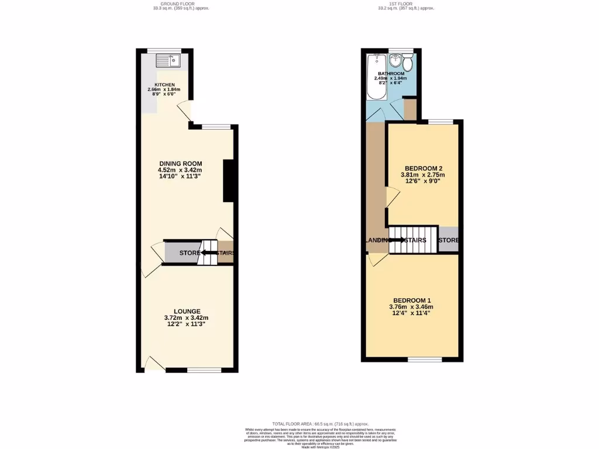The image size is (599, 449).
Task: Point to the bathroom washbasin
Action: (x=395, y=60)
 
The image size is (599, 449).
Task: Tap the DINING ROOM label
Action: (x=181, y=163)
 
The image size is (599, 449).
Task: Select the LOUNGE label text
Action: (x=187, y=311)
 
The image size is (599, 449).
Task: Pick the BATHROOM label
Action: (x=391, y=74)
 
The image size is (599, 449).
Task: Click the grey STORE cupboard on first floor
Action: (x=449, y=240)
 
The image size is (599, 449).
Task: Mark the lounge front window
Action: (x=204, y=369)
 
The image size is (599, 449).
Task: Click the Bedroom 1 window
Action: (x=425, y=359)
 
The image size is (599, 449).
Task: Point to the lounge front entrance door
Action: (x=154, y=365)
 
